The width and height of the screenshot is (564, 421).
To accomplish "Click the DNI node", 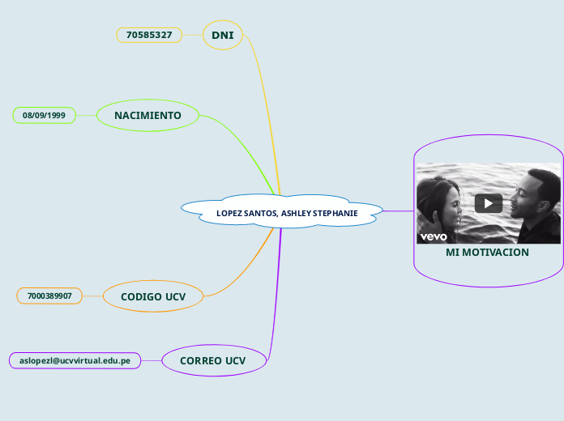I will point(222,35).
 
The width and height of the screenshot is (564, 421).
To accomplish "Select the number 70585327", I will point(149,35).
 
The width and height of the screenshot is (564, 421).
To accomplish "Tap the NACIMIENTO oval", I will point(147,116).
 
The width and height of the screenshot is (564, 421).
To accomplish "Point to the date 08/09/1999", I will point(44,116).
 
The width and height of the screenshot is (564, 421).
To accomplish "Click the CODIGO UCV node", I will point(153,296).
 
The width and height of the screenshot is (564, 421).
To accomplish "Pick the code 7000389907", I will point(49,296).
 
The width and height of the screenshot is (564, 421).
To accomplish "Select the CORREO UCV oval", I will point(212,360).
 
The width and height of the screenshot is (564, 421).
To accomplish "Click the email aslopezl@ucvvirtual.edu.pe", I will point(75,360).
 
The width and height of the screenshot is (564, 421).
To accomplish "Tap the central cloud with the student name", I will point(281,212).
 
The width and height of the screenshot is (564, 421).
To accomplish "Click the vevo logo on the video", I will point(434,236).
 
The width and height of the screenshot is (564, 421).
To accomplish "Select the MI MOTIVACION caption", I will point(487,253).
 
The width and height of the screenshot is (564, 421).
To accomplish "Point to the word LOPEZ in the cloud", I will point(229,213).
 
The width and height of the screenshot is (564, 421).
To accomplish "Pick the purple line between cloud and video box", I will point(398,211).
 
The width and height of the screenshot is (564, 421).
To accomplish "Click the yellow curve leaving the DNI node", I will point(263,97).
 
